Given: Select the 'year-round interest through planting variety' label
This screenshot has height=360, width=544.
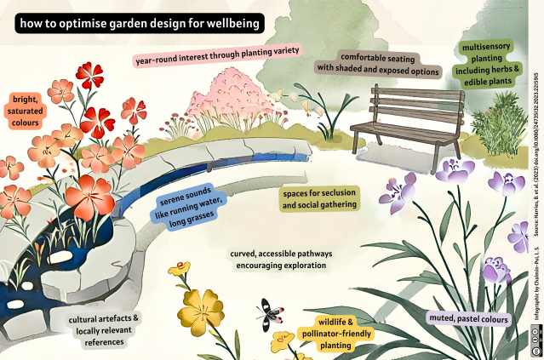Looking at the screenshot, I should [218, 60].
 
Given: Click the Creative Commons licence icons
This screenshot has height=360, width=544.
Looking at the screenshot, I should [536, 344].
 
